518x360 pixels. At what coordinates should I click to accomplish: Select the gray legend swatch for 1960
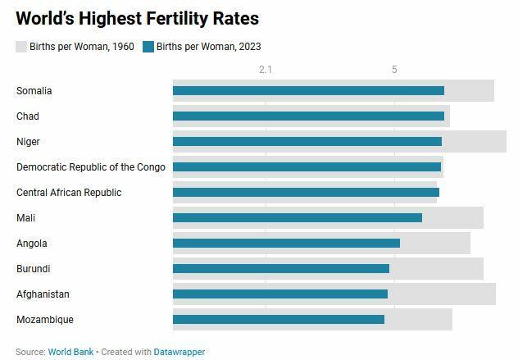pyautogui.click(x=21, y=47)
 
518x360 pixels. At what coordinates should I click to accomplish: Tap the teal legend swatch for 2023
pyautogui.click(x=148, y=47)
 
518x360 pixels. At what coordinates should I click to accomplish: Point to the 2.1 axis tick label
pyautogui.click(x=266, y=70)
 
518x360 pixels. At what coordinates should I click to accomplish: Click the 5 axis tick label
pyautogui.click(x=394, y=70)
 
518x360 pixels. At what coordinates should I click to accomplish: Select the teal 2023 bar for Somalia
pyautogui.click(x=308, y=91)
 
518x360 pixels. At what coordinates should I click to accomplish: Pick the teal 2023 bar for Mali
pyautogui.click(x=297, y=218)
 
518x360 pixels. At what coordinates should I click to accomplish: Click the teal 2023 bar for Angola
pyautogui.click(x=286, y=244)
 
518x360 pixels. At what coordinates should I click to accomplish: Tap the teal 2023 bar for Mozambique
pyautogui.click(x=278, y=320)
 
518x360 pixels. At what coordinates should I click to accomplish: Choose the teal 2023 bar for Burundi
pyautogui.click(x=280, y=269)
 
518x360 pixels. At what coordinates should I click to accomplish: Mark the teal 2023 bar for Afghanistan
pyautogui.click(x=279, y=294)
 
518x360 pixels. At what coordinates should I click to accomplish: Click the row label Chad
pyautogui.click(x=28, y=116)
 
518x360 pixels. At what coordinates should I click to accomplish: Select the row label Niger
pyautogui.click(x=28, y=142)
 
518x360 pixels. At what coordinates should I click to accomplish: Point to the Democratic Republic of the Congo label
pyautogui.click(x=90, y=167)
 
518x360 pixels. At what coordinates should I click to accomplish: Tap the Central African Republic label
pyautogui.click(x=69, y=193)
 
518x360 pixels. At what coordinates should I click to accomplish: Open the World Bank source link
pyautogui.click(x=70, y=352)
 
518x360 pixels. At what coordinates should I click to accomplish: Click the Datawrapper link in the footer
pyautogui.click(x=179, y=352)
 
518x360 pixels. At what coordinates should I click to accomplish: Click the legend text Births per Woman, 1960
pyautogui.click(x=82, y=47)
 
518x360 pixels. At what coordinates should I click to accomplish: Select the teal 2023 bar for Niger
pyautogui.click(x=307, y=142)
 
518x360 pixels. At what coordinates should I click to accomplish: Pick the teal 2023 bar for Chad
pyautogui.click(x=308, y=116)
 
